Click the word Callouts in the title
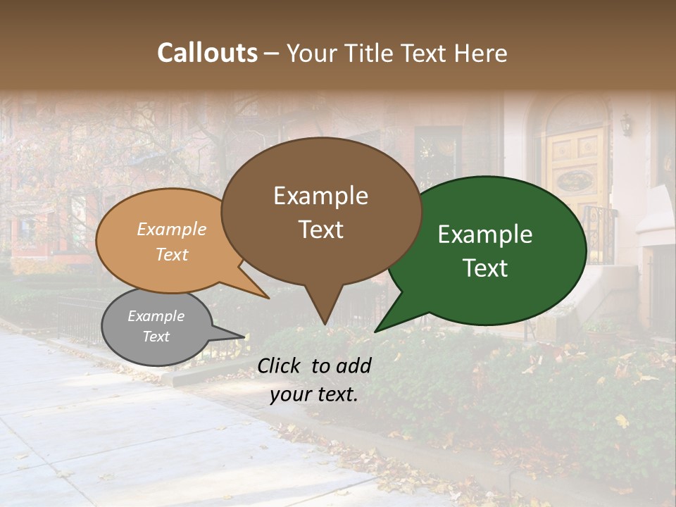tap(207, 53)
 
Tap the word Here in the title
tap(482, 53)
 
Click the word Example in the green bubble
tap(484, 234)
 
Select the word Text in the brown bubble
tap(320, 230)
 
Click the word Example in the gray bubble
tap(156, 316)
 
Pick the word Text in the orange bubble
tap(172, 254)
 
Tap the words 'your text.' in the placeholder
tap(314, 394)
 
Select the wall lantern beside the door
tap(625, 124)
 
